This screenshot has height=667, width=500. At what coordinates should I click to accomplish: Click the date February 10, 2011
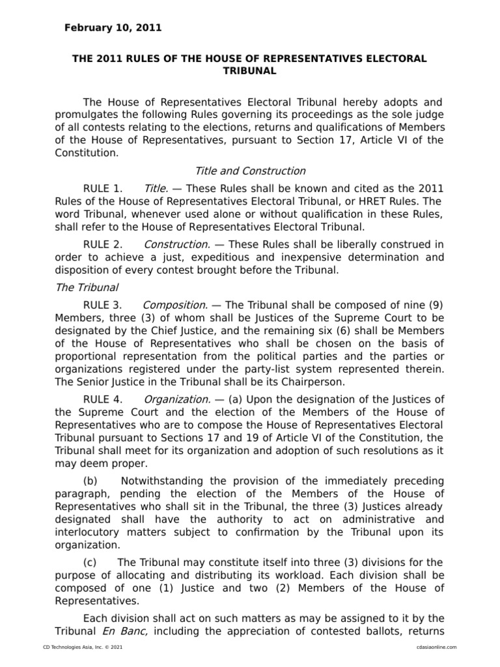tap(113, 28)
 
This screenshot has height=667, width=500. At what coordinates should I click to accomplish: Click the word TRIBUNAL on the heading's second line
tap(250, 71)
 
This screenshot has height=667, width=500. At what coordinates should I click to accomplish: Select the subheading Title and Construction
tap(250, 171)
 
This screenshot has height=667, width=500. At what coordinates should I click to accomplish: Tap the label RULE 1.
tap(103, 188)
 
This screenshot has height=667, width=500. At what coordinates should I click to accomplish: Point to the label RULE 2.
tap(103, 244)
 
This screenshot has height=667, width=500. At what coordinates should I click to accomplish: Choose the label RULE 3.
tap(103, 305)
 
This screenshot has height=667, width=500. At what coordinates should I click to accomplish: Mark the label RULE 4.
tap(103, 399)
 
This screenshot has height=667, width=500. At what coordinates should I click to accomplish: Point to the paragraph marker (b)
tap(91, 481)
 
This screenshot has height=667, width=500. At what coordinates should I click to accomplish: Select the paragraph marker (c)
tap(91, 562)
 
